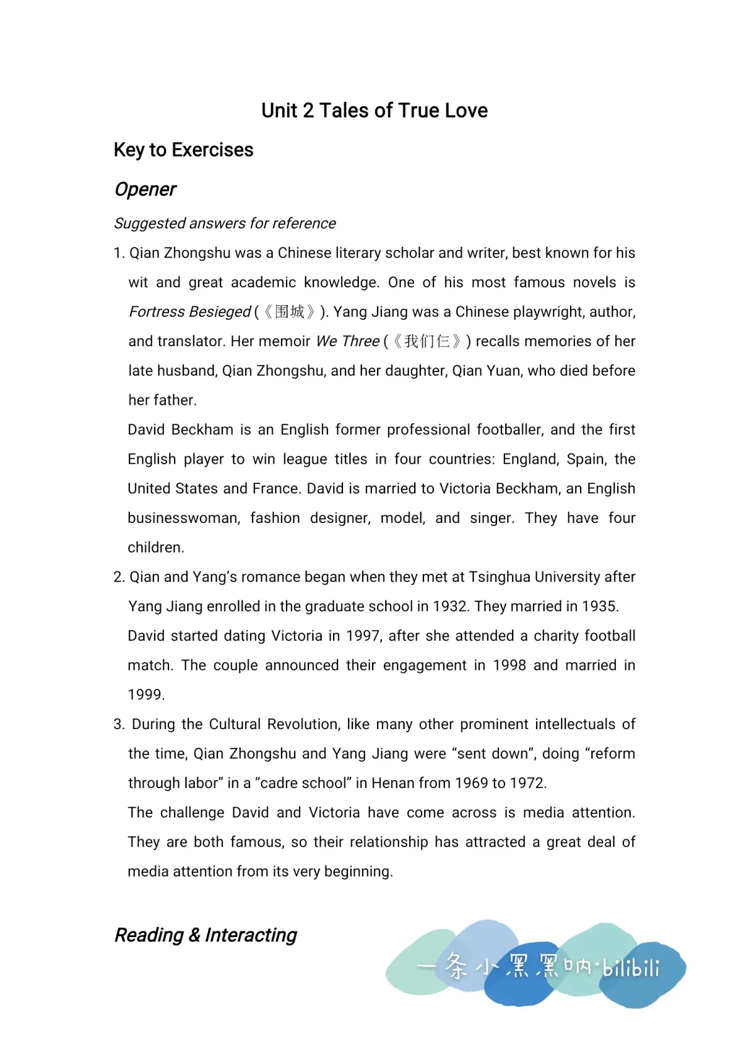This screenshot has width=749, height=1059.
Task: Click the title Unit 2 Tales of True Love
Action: tap(374, 111)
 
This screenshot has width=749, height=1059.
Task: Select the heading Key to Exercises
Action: tap(183, 150)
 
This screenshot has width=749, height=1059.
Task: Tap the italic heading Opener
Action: tap(145, 189)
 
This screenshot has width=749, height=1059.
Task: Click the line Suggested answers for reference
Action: tap(225, 223)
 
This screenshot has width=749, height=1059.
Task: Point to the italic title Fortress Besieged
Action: tap(190, 312)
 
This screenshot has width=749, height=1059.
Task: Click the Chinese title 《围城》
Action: tap(290, 312)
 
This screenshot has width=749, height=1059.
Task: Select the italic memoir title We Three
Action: tap(347, 341)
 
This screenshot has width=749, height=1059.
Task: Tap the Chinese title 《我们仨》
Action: tap(427, 341)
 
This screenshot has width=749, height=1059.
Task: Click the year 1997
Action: tap(363, 636)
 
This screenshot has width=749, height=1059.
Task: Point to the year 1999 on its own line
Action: tap(145, 695)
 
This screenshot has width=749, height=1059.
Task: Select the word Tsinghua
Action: tap(500, 577)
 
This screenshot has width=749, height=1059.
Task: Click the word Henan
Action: tap(393, 783)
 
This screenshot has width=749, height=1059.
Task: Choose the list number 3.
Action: tap(119, 724)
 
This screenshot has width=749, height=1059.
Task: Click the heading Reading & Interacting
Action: tap(205, 935)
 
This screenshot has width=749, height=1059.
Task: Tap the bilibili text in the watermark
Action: tap(630, 967)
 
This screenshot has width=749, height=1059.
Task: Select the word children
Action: tap(155, 547)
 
